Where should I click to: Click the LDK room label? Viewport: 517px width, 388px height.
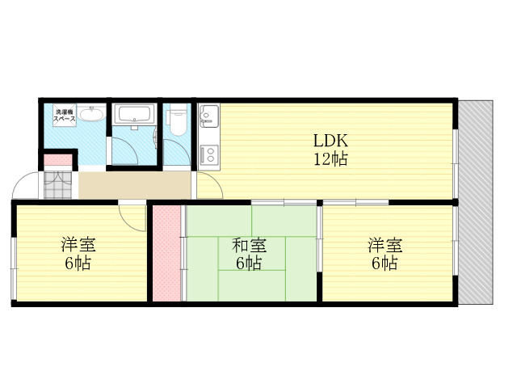(x=330, y=141)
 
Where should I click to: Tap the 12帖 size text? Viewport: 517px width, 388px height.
(x=330, y=159)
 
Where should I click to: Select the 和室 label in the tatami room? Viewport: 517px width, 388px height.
(x=249, y=246)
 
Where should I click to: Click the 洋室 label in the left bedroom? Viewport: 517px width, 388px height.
(x=78, y=245)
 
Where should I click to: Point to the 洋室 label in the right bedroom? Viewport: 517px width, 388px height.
(x=385, y=245)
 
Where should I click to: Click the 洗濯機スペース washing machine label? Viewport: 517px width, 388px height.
(x=65, y=115)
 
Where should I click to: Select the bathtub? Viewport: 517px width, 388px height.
(x=135, y=114)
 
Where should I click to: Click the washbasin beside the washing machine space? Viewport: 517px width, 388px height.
(x=92, y=114)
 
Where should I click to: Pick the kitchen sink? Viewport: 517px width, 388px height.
(x=208, y=116)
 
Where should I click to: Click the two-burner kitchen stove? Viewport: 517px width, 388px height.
(x=208, y=155)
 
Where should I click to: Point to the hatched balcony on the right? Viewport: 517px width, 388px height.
(x=476, y=202)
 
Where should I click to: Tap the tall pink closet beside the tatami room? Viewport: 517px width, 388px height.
(x=166, y=253)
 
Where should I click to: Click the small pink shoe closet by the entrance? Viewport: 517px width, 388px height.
(x=58, y=160)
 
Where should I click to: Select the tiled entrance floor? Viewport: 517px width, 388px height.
(x=57, y=185)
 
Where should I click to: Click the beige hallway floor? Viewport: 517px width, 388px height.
(x=135, y=185)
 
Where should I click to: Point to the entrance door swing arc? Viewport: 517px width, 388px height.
(x=19, y=180)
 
